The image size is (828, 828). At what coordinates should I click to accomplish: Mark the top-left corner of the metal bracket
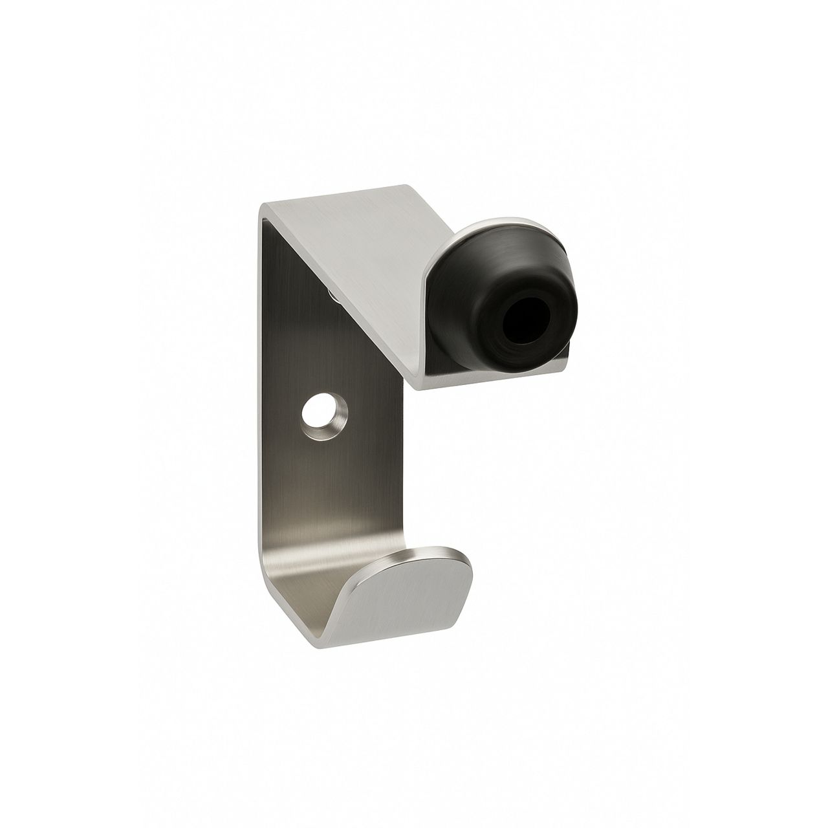[x=263, y=206]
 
